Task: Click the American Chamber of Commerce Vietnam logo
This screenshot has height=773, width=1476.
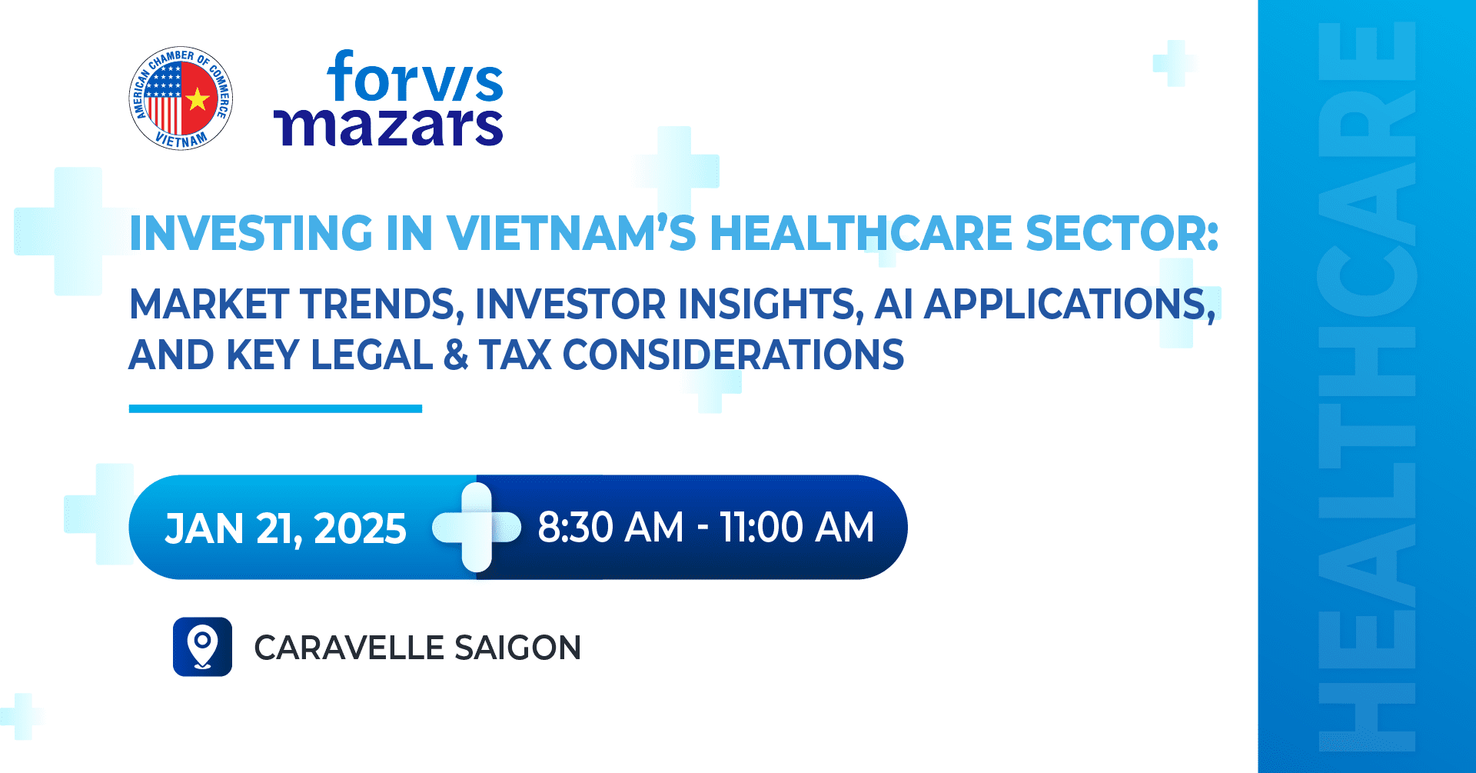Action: tap(181, 98)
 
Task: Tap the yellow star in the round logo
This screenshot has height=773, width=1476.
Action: tap(198, 98)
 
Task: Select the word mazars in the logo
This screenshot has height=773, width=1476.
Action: tap(389, 126)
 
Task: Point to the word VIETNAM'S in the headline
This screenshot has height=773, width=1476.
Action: tap(571, 233)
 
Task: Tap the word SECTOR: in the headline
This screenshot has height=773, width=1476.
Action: tap(1122, 233)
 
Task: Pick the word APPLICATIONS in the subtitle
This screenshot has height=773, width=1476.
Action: tap(1070, 305)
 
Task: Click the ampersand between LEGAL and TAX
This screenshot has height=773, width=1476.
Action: tap(456, 355)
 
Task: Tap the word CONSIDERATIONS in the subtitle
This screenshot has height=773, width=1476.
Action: tap(733, 355)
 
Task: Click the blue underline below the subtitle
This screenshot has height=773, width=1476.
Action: tap(275, 408)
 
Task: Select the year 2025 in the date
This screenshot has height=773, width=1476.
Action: tap(360, 529)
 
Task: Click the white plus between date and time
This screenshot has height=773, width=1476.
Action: tap(477, 528)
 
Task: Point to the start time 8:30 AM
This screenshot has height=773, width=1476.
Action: tap(610, 528)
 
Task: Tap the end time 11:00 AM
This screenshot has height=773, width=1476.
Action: tap(797, 528)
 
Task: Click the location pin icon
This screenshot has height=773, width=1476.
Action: tap(202, 647)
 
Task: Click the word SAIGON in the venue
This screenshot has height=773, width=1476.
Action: tap(517, 648)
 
